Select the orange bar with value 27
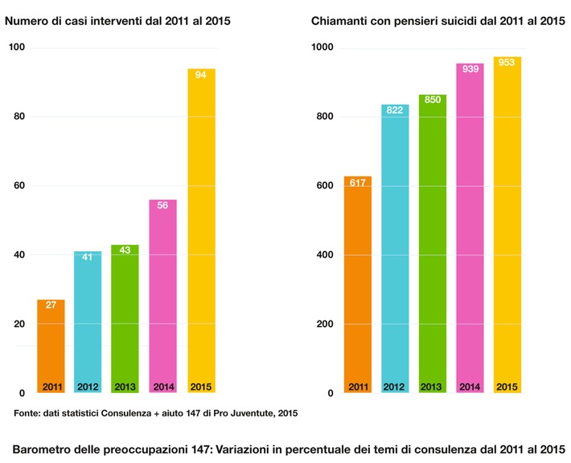51,346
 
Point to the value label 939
470,69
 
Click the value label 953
507,62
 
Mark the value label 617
358,184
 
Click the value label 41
88,258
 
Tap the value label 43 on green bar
125,251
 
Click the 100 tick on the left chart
17,48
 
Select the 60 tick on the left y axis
19,186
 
